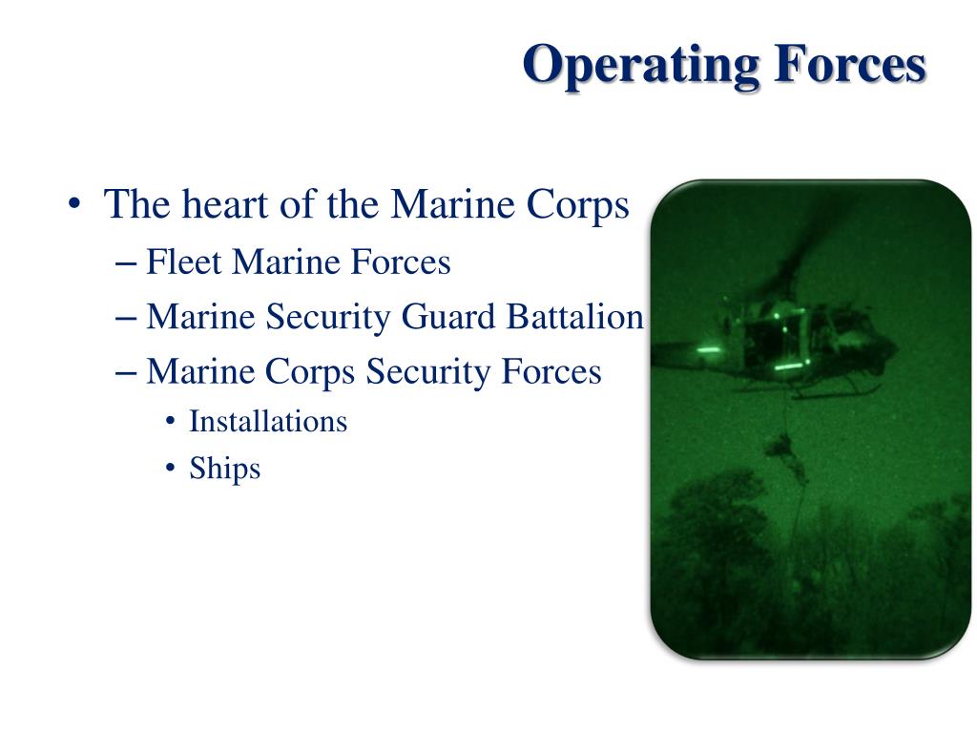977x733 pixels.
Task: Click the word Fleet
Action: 184,262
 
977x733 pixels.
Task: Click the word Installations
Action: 268,421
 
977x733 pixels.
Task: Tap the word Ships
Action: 224,468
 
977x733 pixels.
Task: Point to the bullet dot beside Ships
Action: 170,469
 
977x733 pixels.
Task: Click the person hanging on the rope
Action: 781,447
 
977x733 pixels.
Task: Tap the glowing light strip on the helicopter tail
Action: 708,350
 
